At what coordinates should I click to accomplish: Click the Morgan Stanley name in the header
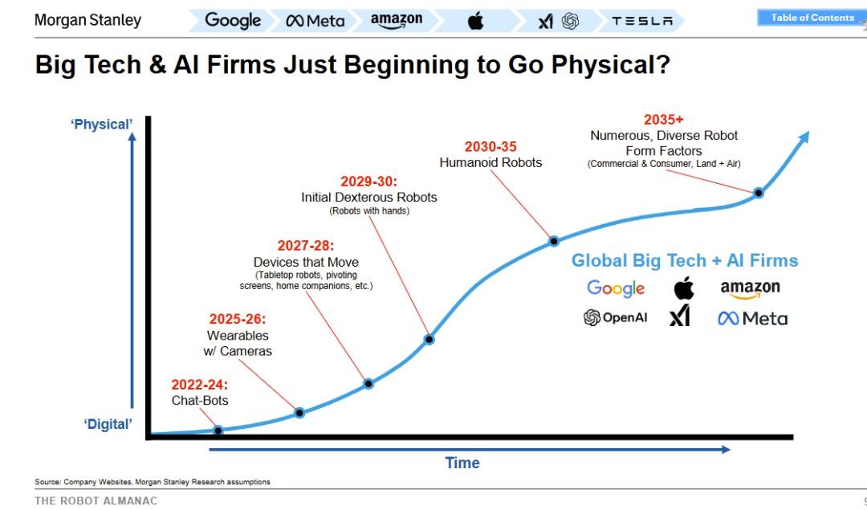[x=88, y=20]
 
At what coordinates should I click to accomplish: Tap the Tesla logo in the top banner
[x=642, y=22]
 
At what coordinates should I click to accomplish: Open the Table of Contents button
[x=812, y=18]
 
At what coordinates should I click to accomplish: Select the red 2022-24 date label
[x=200, y=385]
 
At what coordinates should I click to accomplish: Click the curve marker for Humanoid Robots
[x=554, y=240]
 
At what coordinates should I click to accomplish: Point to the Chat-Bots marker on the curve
[x=218, y=430]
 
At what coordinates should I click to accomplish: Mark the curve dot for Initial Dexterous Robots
[x=429, y=339]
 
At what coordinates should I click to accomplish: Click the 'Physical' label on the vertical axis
[x=101, y=124]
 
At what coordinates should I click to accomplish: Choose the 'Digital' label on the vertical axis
[x=108, y=424]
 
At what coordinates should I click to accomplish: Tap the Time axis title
[x=462, y=463]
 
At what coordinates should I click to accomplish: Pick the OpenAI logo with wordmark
[x=615, y=318]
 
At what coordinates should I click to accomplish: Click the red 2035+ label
[x=664, y=120]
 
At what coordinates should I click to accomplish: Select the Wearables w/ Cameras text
[x=238, y=343]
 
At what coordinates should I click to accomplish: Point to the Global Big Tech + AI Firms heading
[x=685, y=260]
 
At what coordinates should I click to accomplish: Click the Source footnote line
[x=153, y=482]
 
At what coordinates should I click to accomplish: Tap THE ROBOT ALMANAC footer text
[x=96, y=500]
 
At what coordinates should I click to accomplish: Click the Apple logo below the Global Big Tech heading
[x=684, y=288]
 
